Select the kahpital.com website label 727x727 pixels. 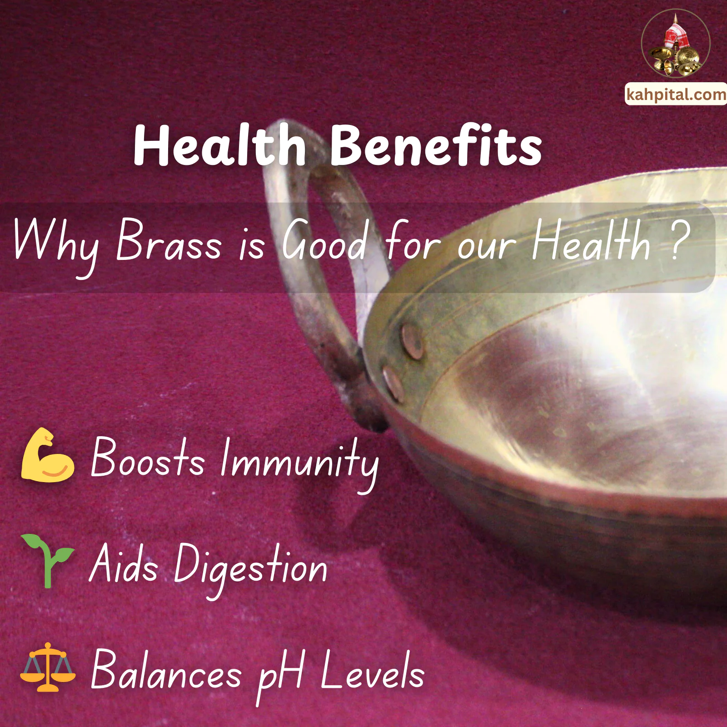(676, 95)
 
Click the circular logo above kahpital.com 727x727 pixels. (676, 44)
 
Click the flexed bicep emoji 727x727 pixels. (47, 455)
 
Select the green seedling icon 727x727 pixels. (47, 560)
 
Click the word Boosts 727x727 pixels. (148, 458)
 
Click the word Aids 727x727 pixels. (124, 565)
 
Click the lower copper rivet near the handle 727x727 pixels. (393, 384)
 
